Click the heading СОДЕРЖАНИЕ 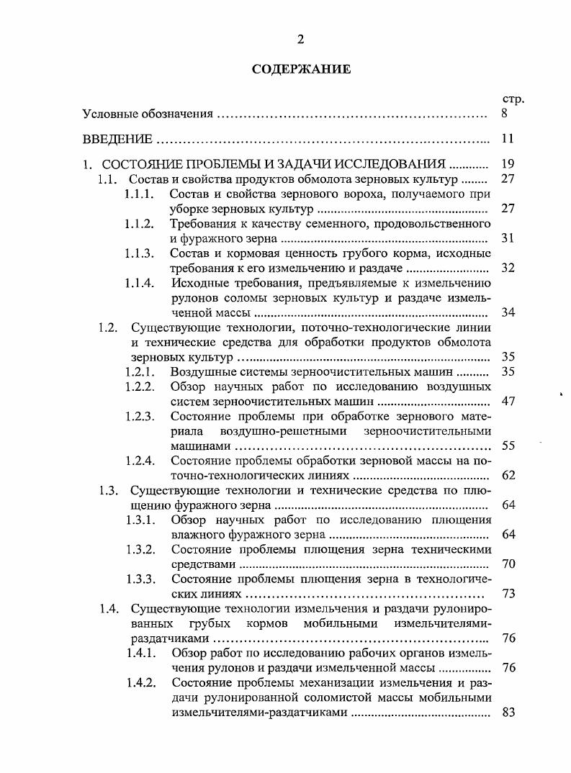(301, 70)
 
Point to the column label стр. (512, 99)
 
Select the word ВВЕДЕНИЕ (117, 139)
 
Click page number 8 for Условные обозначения (508, 113)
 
